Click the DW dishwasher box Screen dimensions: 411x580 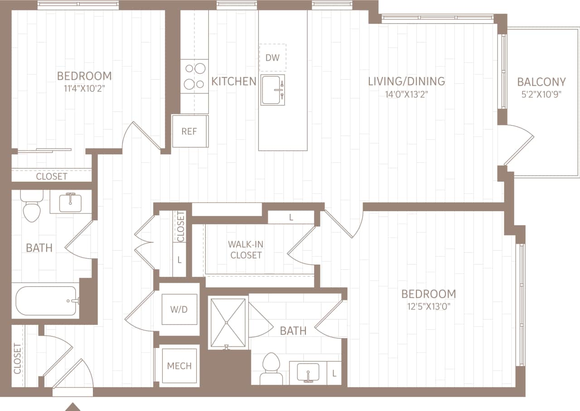272,58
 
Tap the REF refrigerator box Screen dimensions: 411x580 189,131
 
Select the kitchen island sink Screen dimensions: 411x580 273,91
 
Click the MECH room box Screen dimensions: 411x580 179,365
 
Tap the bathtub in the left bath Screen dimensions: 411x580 46,300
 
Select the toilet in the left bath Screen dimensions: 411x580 32,206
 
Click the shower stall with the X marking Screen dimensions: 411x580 228,323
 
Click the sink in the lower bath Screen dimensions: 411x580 308,372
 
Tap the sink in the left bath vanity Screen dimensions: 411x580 71,201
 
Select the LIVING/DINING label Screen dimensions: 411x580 406,82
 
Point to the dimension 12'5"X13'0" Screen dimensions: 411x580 428,307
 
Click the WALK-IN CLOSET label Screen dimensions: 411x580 246,250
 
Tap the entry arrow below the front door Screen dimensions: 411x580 72,406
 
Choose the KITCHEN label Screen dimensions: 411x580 233,82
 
